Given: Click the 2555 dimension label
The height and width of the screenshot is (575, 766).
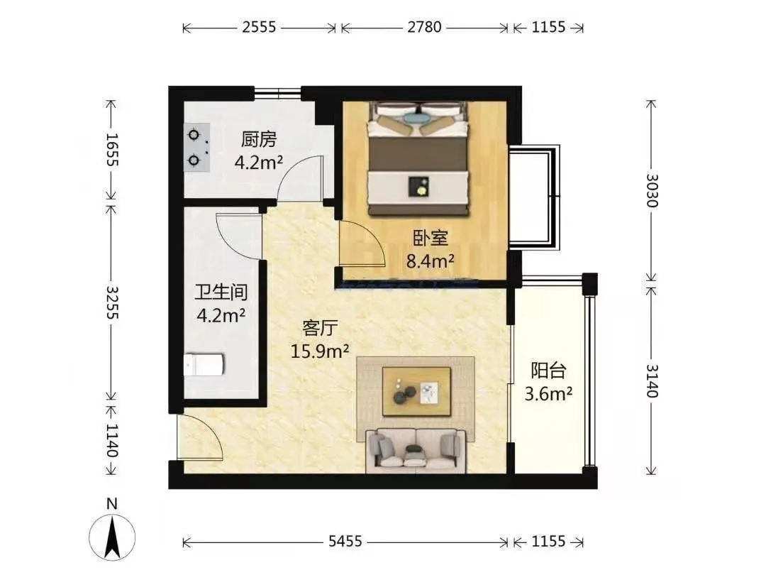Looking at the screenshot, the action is (x=259, y=27).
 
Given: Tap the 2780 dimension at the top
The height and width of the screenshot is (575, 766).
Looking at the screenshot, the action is (x=424, y=27).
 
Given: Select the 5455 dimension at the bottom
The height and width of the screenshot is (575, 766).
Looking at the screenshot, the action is (x=345, y=541).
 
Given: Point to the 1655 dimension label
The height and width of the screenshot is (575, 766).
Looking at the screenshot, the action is (x=112, y=150).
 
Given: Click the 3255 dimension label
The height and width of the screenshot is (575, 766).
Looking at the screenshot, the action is (x=112, y=302).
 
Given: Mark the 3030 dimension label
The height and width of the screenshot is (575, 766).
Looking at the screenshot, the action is (x=652, y=191).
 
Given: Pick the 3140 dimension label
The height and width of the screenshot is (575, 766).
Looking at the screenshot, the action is (x=652, y=381).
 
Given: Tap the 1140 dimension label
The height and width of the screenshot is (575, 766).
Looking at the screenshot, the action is (x=112, y=440).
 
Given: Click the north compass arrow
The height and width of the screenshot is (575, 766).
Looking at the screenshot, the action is (x=112, y=538).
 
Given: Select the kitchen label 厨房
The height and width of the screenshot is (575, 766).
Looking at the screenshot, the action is (x=259, y=139).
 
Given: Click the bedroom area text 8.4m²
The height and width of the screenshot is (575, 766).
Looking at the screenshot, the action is (x=431, y=261).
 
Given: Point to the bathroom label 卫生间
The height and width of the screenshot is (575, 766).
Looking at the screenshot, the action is (x=221, y=292).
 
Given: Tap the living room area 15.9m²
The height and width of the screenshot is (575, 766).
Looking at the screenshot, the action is (x=319, y=351).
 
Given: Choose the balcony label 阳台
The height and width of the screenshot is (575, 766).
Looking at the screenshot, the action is (x=548, y=371).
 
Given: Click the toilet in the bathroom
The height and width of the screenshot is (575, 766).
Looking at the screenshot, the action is (x=204, y=365).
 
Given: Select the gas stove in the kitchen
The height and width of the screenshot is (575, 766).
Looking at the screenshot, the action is (x=197, y=147).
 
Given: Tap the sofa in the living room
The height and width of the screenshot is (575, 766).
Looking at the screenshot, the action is (x=416, y=451).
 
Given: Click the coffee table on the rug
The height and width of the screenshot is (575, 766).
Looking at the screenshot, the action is (x=416, y=392).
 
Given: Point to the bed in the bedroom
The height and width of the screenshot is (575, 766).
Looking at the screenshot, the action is (x=418, y=158).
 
